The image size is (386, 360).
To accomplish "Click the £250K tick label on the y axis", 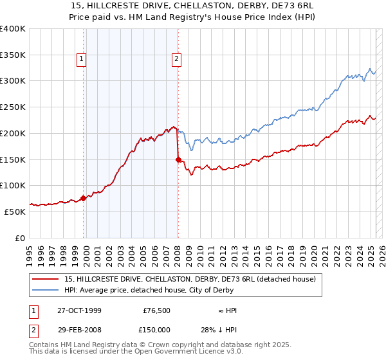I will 13,107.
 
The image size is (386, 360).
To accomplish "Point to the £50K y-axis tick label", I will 15,212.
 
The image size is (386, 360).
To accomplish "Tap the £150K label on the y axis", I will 13,159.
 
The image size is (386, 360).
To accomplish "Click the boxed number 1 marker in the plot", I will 82,60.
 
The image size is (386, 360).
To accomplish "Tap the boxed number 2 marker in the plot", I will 176,60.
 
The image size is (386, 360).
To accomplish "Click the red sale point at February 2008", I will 178,159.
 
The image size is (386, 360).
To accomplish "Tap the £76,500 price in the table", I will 156,310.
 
